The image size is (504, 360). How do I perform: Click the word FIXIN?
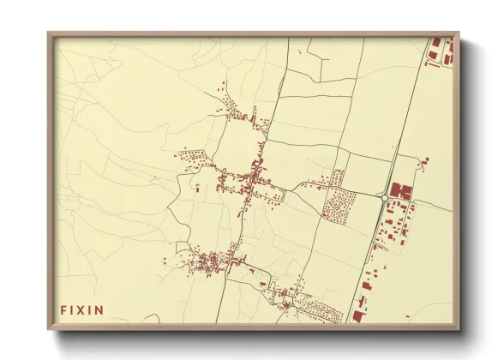(81, 309)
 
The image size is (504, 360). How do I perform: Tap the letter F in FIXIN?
(63, 309)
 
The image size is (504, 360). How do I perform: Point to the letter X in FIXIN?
(81, 309)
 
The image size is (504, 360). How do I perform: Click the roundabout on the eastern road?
(384, 198)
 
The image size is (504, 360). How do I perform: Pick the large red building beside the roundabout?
(401, 190)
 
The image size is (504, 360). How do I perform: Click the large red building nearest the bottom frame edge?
(356, 316)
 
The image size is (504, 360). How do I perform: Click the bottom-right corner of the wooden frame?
(458, 329)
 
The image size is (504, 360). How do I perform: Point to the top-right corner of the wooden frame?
(458, 33)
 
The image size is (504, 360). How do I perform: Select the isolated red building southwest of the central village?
(198, 186)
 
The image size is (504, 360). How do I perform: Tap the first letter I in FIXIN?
(73, 309)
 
